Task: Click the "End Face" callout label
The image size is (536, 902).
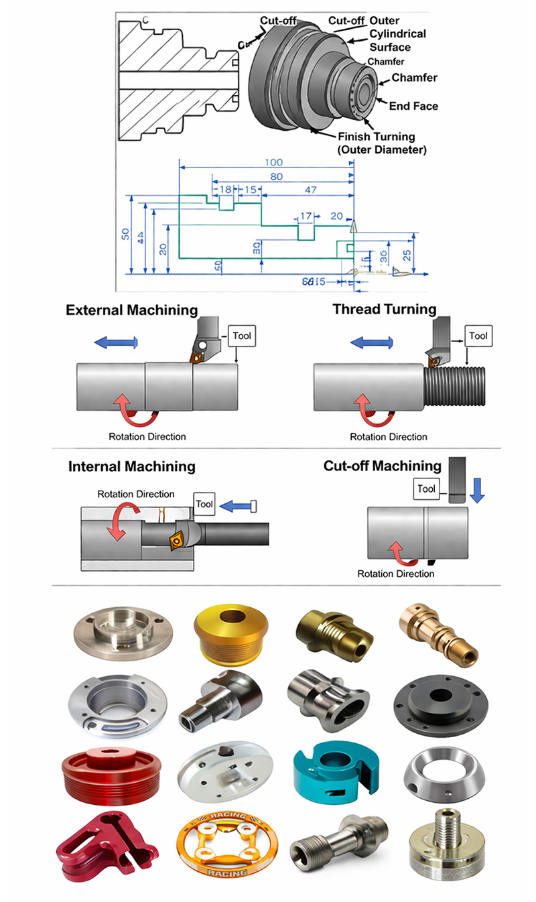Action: pos(414,106)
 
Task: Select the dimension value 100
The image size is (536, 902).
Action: pos(273,162)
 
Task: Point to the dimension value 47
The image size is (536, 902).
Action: pos(310,190)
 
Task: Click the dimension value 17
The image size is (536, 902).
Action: pos(306,216)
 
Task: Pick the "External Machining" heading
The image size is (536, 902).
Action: pos(131,310)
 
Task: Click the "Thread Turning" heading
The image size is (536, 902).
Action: pos(385,309)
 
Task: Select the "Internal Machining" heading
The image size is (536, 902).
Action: pos(131,466)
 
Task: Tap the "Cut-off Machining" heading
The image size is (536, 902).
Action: pos(382,466)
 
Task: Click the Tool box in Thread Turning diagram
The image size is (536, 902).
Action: pos(478,336)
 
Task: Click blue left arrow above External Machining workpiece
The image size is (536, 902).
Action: pos(115,342)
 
